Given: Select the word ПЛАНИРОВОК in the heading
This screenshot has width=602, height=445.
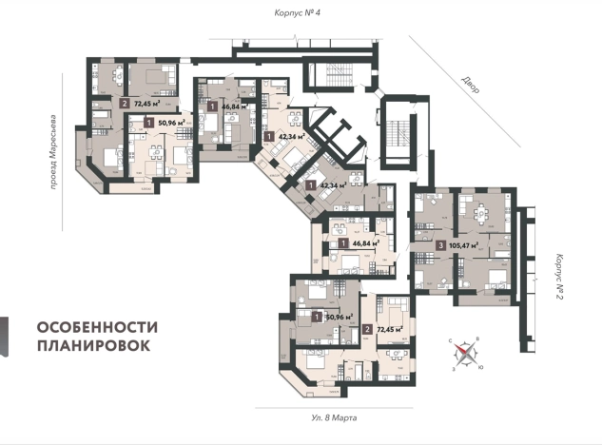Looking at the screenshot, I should pos(93,346).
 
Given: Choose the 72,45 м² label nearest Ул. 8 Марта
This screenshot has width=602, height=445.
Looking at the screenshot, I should pos(391,330).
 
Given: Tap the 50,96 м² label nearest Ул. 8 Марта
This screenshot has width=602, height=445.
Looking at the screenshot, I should pos(338,316).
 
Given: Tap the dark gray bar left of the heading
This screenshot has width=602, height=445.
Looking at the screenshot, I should pos(5,337).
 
